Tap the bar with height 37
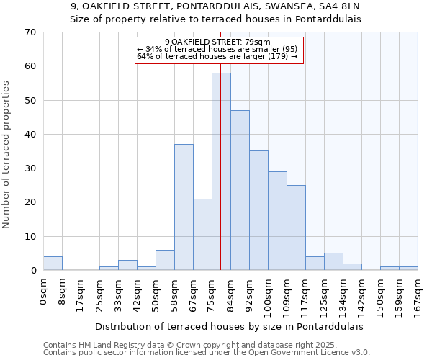[x=184, y=207]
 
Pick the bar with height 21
[x=202, y=235]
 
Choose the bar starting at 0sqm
[x=53, y=264]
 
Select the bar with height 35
[x=258, y=210]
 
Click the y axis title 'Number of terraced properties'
[x=7, y=154]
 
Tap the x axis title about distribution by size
[x=230, y=326]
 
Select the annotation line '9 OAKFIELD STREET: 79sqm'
[x=217, y=42]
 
